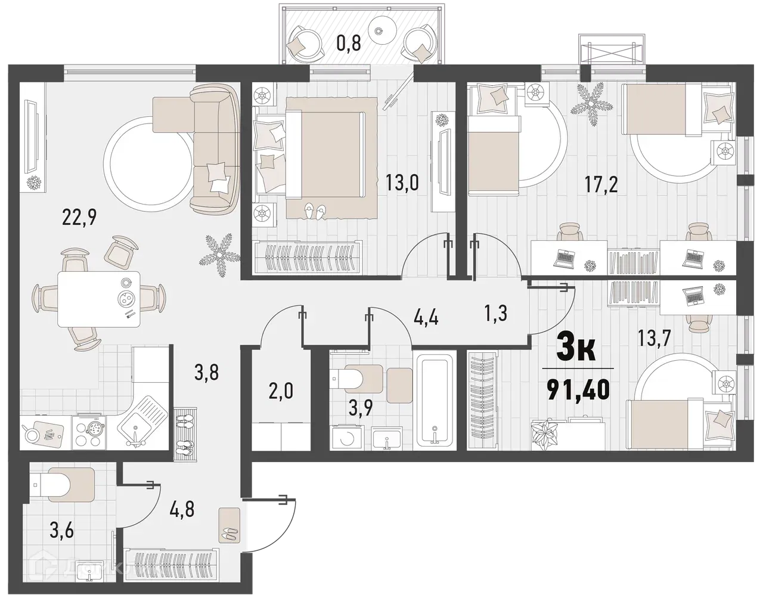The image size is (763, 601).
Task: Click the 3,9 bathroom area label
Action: tap(361, 410)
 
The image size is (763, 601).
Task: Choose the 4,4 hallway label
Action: tap(426, 317)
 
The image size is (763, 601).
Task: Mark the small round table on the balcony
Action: tap(379, 28)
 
